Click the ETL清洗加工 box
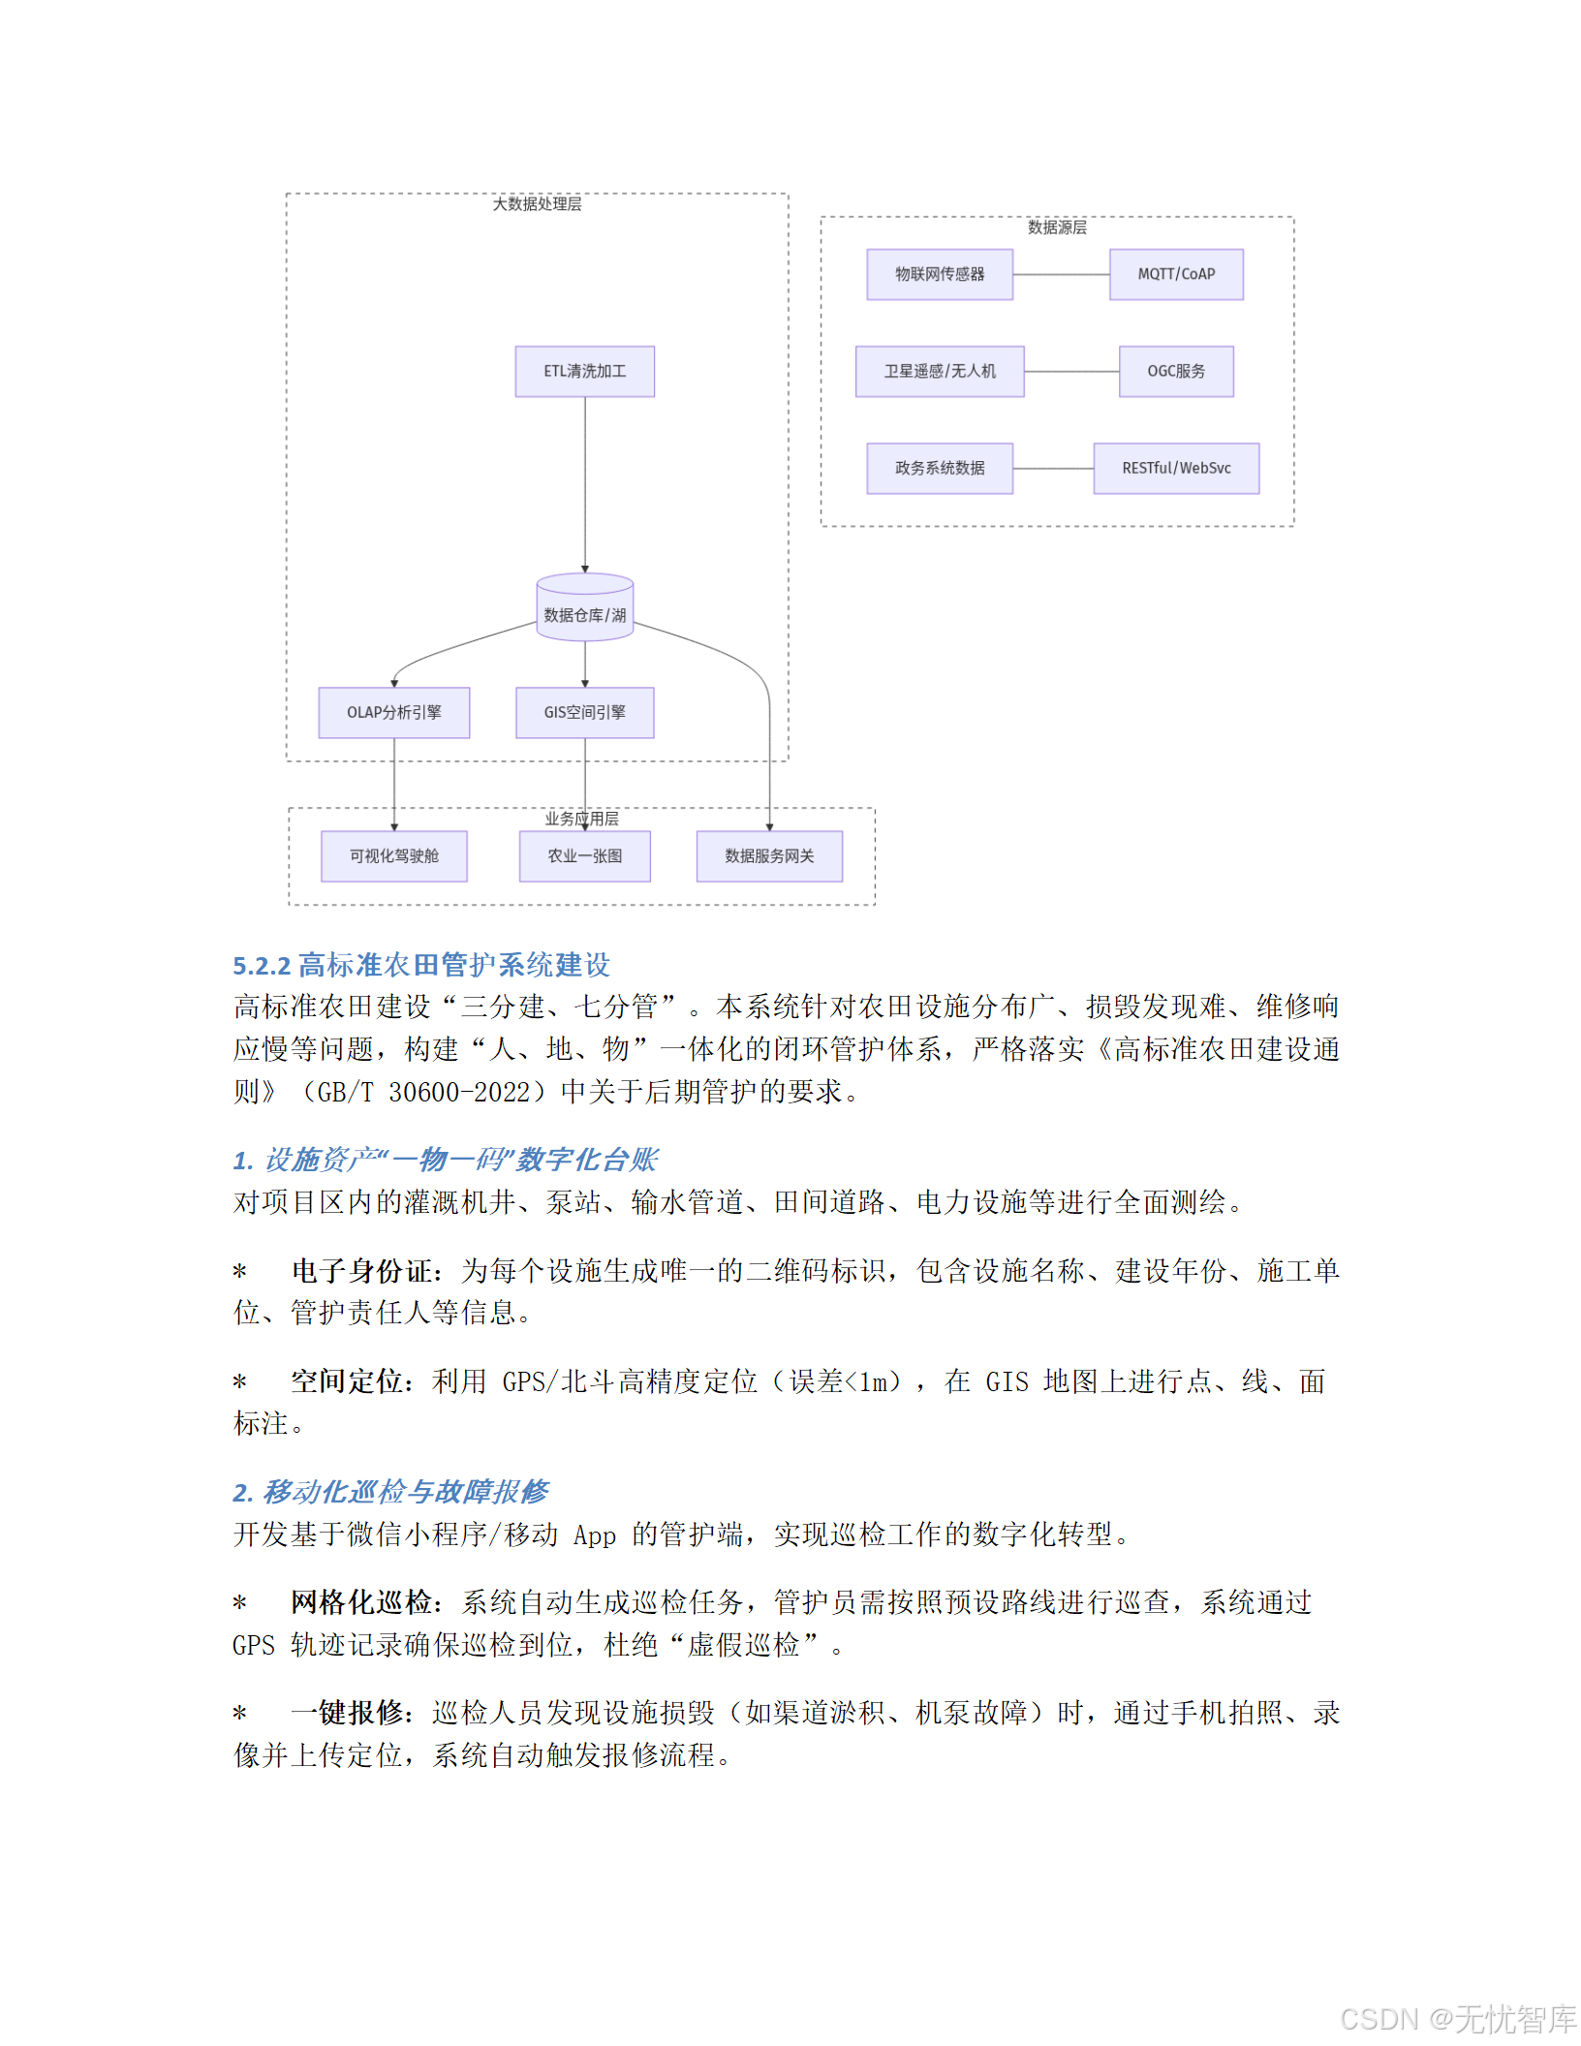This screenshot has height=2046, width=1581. pyautogui.click(x=584, y=371)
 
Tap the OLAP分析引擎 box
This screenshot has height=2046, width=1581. pyautogui.click(x=393, y=712)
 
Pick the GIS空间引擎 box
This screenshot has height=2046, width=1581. pyautogui.click(x=584, y=712)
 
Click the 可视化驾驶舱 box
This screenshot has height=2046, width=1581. pyautogui.click(x=393, y=855)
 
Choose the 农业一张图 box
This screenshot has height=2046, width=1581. pyautogui.click(x=584, y=855)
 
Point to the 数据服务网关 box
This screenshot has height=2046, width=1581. pyautogui.click(x=769, y=855)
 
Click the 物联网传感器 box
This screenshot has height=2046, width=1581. pyautogui.click(x=939, y=274)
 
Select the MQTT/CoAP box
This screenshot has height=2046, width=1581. pyautogui.click(x=1175, y=274)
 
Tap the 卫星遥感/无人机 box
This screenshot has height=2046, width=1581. pyautogui.click(x=939, y=371)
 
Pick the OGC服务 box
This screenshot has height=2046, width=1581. pyautogui.click(x=1175, y=371)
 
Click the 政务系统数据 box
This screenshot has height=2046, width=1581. pyautogui.click(x=939, y=468)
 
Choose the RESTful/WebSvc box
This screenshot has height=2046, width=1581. pyautogui.click(x=1175, y=468)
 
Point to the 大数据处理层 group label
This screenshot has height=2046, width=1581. pyautogui.click(x=537, y=203)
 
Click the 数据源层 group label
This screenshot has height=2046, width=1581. pyautogui.click(x=1057, y=227)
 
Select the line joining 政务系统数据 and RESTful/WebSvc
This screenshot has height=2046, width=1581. pyautogui.click(x=1053, y=468)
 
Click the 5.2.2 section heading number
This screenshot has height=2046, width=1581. pyautogui.click(x=262, y=966)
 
